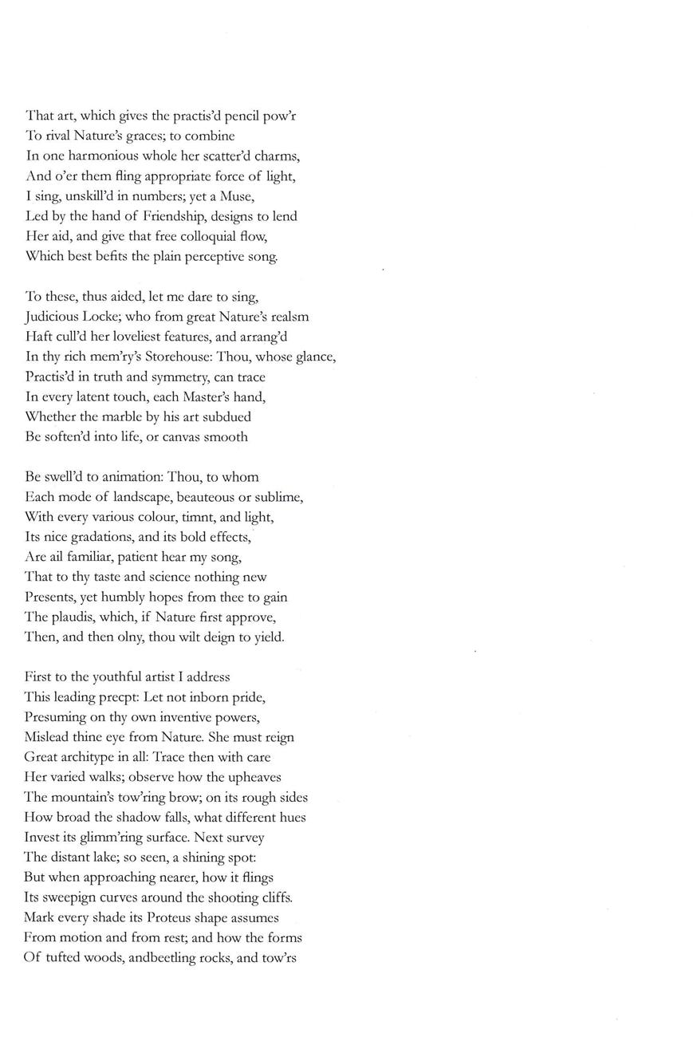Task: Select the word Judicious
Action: pyautogui.click(x=52, y=317)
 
